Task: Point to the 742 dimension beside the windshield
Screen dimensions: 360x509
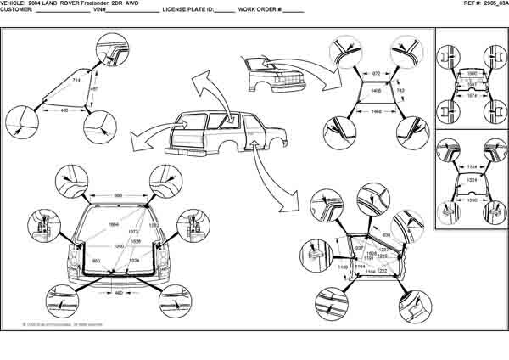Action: pyautogui.click(x=400, y=89)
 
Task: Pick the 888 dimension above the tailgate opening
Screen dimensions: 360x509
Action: pyautogui.click(x=119, y=196)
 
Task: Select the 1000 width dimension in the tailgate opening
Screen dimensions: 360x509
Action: pyautogui.click(x=120, y=245)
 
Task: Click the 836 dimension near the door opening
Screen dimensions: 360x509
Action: pyautogui.click(x=387, y=234)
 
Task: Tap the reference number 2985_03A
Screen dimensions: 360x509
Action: pyautogui.click(x=495, y=3)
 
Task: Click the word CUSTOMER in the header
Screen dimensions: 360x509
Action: pyautogui.click(x=15, y=10)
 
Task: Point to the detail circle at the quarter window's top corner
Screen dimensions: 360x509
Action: pyautogui.click(x=112, y=48)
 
